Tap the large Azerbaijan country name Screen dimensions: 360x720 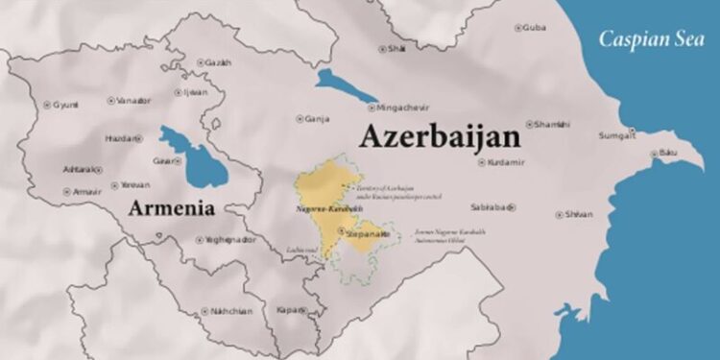pyautogui.click(x=440, y=136)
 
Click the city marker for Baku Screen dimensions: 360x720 pyautogui.click(x=654, y=155)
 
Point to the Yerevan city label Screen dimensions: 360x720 pyautogui.click(x=134, y=184)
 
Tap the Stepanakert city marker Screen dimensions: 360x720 pyautogui.click(x=342, y=231)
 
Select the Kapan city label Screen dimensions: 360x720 pyautogui.click(x=285, y=311)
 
